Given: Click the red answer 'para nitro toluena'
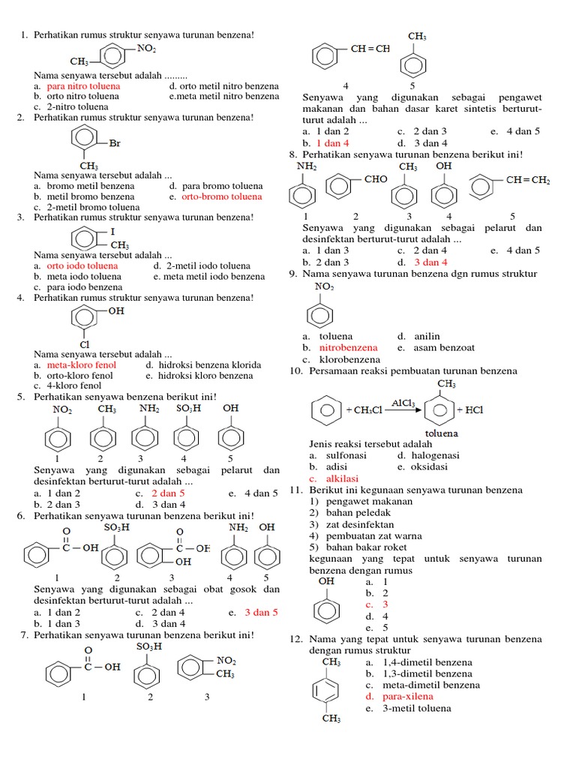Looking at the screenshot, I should [x=83, y=86].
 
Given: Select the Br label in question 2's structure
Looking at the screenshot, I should [x=115, y=142].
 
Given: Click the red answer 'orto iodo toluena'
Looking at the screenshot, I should [x=82, y=265].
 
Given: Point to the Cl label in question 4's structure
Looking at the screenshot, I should [x=85, y=344].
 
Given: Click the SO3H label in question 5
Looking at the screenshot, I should [x=189, y=409].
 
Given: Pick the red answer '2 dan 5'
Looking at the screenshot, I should [x=168, y=493].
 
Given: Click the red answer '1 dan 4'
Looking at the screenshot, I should [x=333, y=142].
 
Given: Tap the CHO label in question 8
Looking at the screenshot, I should [x=376, y=180].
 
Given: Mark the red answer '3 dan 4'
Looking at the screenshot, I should [x=430, y=262].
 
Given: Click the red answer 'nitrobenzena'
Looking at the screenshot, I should [x=349, y=348].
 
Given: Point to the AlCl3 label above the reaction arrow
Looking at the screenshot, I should [x=403, y=403].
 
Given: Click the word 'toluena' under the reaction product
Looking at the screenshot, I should [x=442, y=433].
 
